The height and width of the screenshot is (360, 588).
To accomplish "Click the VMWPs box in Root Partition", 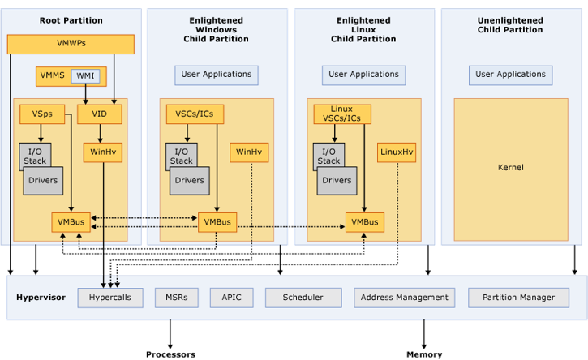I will (71, 44).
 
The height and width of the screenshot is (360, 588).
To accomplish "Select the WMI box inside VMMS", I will (85, 76).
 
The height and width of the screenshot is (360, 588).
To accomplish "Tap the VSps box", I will (42, 114).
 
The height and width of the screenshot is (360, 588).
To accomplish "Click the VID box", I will (99, 114).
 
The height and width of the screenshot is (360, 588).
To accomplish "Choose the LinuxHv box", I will (397, 152).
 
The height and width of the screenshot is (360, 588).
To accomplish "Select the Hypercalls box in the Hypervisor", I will (110, 298).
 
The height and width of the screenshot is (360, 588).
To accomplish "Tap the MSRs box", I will (176, 298).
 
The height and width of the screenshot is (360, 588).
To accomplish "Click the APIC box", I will (231, 298).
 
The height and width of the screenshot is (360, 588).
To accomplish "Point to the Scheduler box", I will (302, 298).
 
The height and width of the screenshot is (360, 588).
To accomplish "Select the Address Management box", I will (405, 298).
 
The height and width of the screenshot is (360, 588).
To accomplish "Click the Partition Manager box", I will (518, 298).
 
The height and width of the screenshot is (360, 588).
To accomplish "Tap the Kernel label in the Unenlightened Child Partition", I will (511, 168).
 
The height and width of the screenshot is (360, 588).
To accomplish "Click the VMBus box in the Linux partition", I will (365, 221).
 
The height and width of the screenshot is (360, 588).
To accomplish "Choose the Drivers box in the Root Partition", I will (42, 181).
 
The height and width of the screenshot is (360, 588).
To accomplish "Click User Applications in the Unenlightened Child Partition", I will (510, 75).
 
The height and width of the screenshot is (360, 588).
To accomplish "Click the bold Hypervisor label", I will (41, 298).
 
